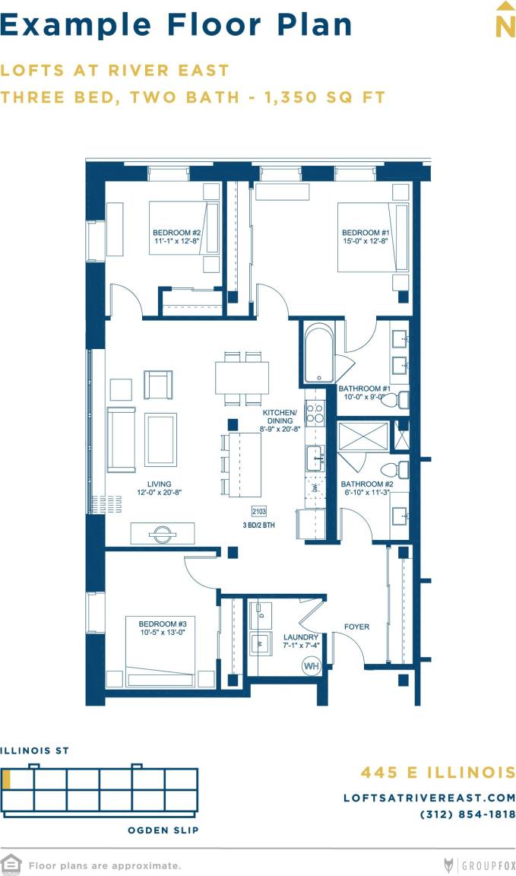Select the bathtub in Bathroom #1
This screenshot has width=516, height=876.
pos(318,354)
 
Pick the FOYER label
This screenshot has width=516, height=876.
pos(356,627)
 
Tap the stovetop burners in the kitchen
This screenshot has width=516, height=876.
pos(315,414)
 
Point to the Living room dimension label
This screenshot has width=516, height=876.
pos(160,488)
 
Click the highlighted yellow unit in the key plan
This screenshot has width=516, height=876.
pos(6,779)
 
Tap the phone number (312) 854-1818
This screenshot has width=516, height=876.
pos(467,814)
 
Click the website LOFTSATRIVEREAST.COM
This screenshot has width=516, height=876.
pos(429,798)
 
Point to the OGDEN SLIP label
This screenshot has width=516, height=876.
pos(163,830)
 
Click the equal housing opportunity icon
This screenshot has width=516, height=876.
pos(11,865)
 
